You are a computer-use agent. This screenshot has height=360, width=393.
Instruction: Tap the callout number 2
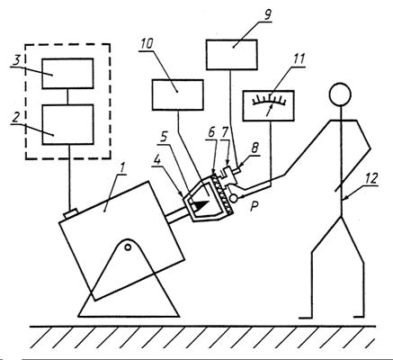[x=15, y=118]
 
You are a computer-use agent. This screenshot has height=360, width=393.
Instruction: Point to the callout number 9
[x=267, y=15]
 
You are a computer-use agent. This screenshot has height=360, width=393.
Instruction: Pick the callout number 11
[x=299, y=58]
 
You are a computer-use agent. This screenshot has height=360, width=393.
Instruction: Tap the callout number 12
[x=371, y=178]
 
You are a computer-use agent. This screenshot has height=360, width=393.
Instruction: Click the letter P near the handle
[x=255, y=207]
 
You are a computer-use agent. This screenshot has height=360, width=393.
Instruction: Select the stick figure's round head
[x=340, y=94]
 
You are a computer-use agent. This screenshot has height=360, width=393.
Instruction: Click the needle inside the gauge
[x=269, y=111]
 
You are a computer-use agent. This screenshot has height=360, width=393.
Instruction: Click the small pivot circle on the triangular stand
[x=128, y=247]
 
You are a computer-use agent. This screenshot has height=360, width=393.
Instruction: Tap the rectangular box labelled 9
[x=231, y=55]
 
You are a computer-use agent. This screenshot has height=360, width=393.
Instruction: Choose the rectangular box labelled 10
[x=178, y=94]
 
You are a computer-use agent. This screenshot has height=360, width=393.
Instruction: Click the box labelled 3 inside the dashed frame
[x=67, y=74]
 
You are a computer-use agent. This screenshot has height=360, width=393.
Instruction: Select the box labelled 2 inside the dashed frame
[x=67, y=124]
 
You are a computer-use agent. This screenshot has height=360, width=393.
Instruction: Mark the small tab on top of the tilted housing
[x=71, y=214]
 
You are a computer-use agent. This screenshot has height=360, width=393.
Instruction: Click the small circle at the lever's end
[x=234, y=198]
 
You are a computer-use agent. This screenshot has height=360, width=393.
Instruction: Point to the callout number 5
[x=164, y=137]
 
